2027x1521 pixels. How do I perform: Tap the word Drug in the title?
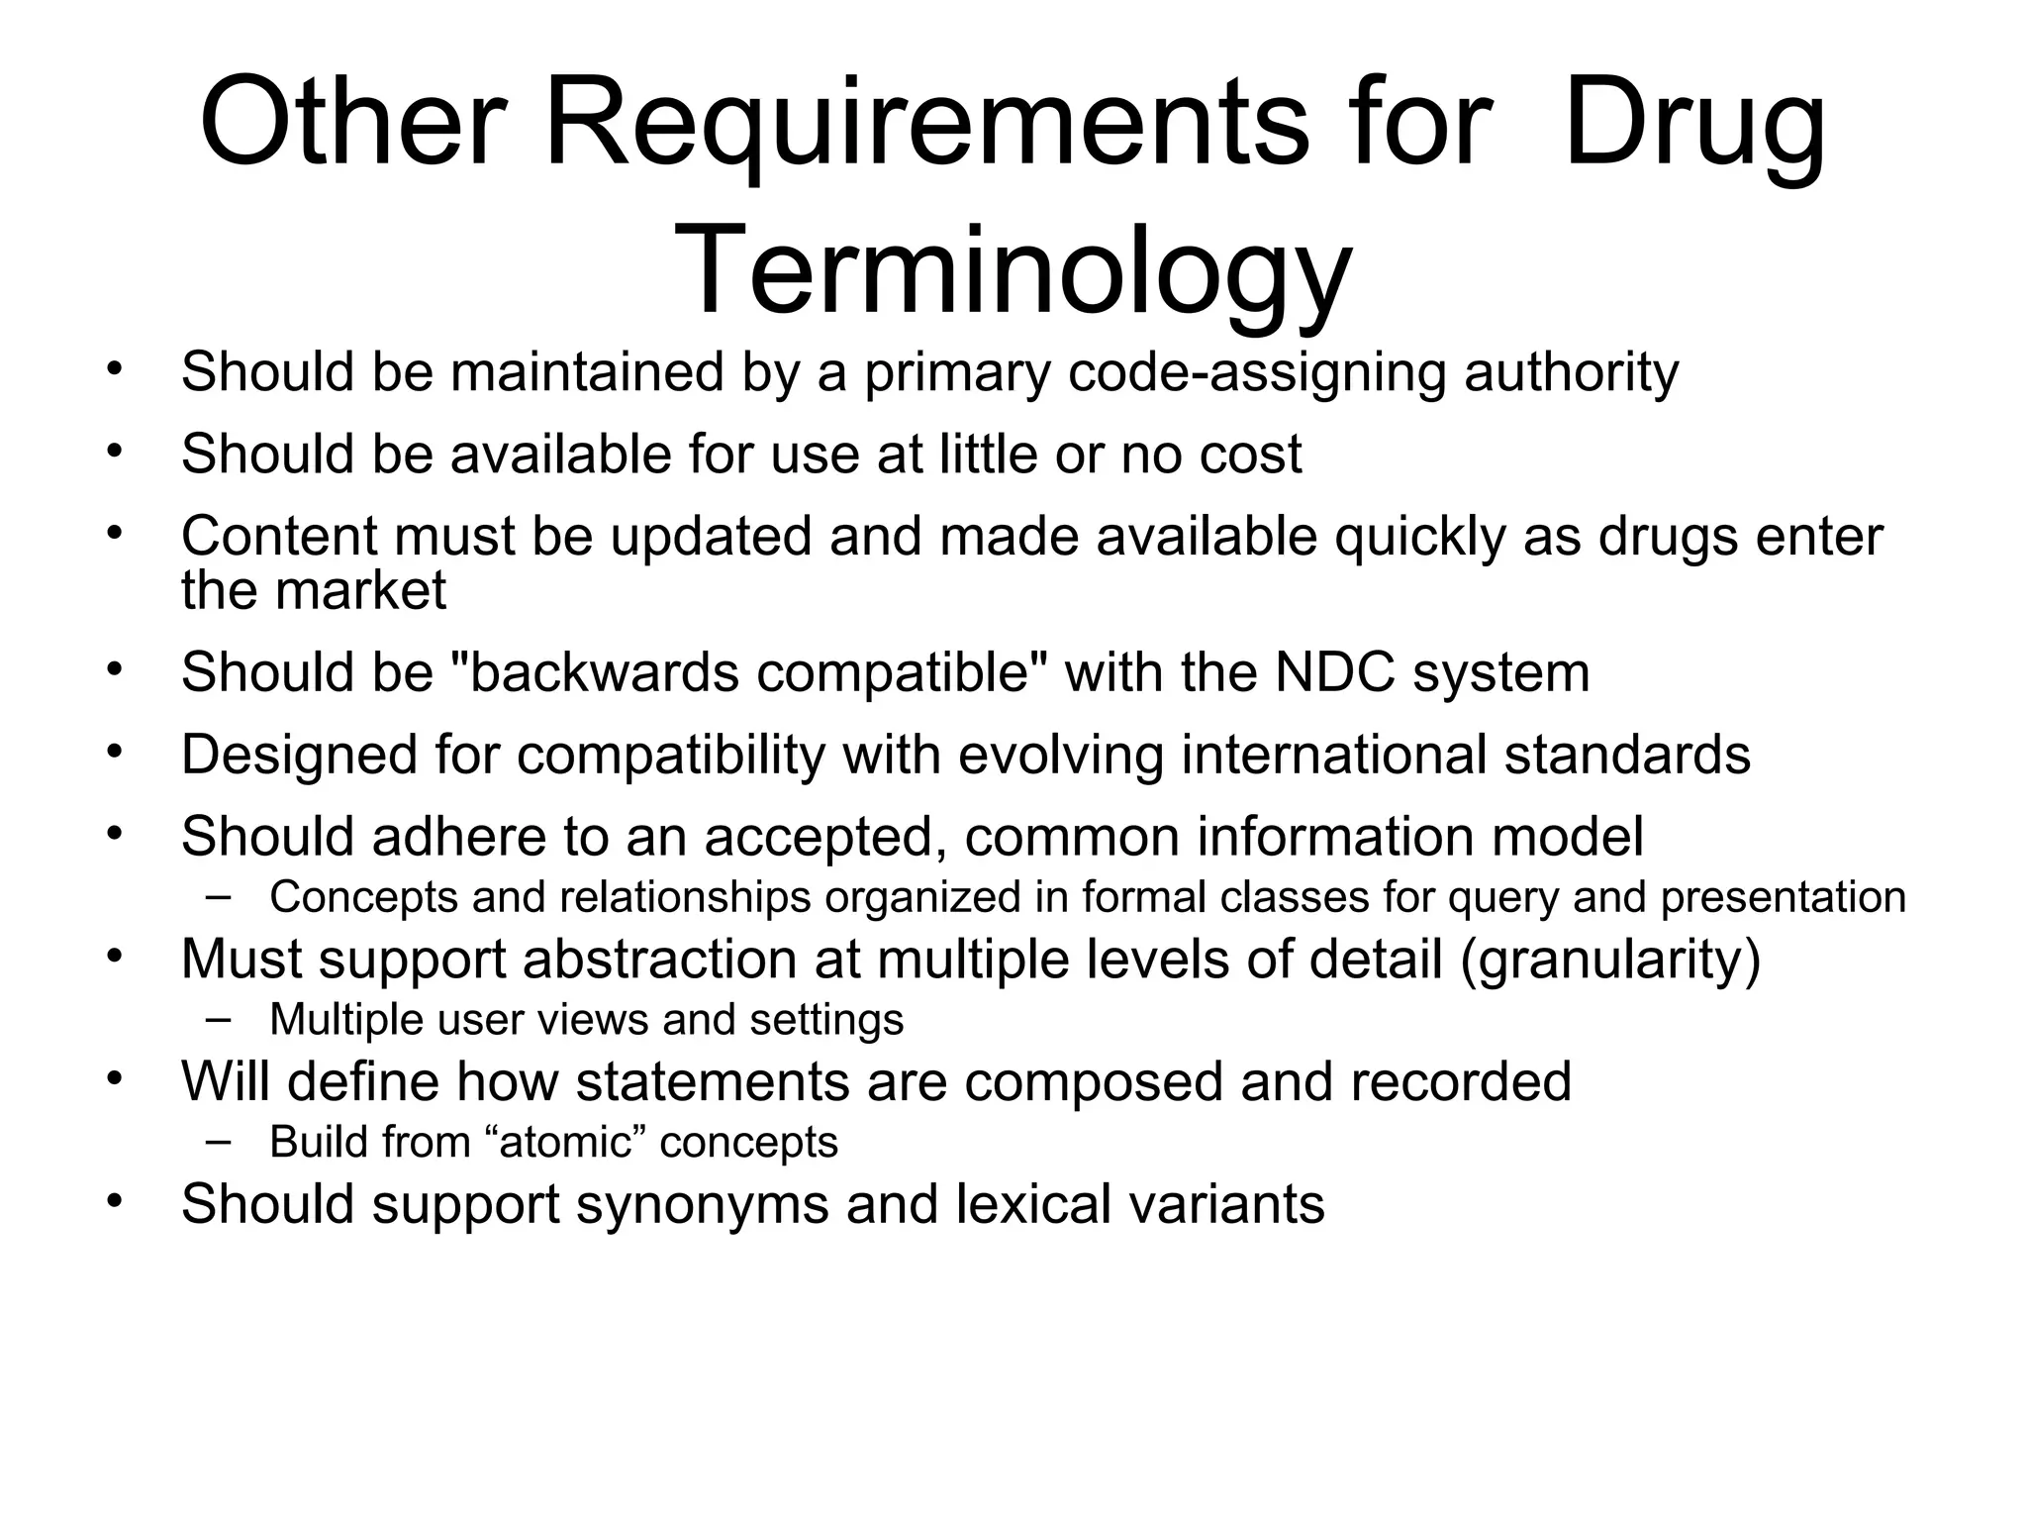[1693, 124]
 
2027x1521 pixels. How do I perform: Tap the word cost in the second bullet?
[1250, 455]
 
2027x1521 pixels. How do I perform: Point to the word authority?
[1571, 372]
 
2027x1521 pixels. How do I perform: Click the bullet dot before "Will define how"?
[115, 1076]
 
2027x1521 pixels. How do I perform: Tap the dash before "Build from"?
[219, 1140]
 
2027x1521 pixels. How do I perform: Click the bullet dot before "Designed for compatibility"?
[115, 751]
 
